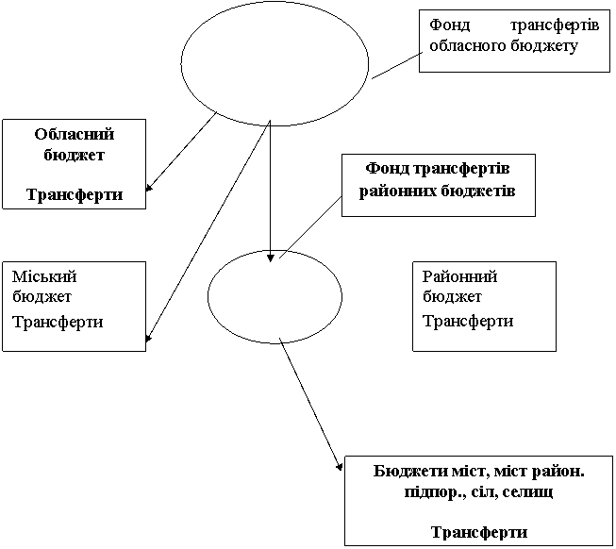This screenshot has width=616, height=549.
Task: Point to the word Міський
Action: click(x=43, y=277)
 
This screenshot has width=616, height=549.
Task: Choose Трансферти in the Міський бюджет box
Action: click(x=57, y=322)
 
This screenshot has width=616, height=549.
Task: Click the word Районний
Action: click(x=458, y=276)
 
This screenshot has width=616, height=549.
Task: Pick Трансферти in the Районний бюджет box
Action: click(x=467, y=321)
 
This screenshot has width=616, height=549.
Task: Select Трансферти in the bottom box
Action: click(x=477, y=531)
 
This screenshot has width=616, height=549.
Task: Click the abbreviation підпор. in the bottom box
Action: click(x=403, y=491)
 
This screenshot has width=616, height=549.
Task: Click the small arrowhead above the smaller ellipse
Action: click(x=271, y=256)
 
